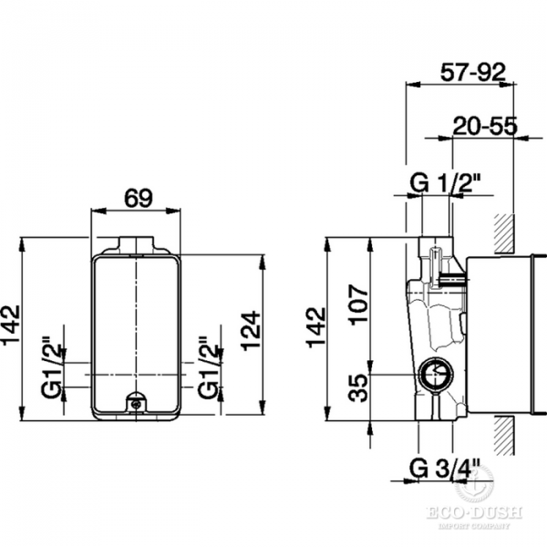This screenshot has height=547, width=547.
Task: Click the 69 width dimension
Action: [x=139, y=199]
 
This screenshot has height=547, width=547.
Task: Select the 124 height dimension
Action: [x=252, y=330]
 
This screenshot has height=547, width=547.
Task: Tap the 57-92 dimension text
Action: [x=472, y=73]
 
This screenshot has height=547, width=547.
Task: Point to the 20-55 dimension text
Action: [x=485, y=126]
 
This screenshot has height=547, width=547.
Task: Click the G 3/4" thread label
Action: [x=445, y=469]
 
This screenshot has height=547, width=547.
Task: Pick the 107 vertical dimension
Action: [x=359, y=304]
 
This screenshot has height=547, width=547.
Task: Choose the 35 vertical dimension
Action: [x=359, y=387]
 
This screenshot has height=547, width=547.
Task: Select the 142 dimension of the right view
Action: [x=316, y=327]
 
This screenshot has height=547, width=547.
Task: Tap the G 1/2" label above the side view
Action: [x=445, y=183]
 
